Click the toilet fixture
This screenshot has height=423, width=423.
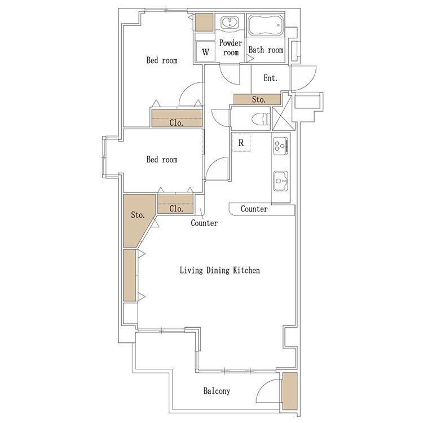261,118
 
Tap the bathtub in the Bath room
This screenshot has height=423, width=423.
266,25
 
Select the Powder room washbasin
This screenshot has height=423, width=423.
230,23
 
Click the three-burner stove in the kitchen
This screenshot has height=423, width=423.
280,146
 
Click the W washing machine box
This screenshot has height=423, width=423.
205,51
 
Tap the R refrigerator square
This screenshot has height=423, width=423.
241,143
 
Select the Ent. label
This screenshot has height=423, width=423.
270,78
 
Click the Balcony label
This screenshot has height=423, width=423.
217,391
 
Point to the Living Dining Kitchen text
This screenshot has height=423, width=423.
220,270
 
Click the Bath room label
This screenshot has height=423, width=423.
266,50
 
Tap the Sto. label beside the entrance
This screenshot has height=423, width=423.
259,99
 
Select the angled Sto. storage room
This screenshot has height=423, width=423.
138,218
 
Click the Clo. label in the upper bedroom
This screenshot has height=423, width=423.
177,123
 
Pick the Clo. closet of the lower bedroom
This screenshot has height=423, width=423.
175,204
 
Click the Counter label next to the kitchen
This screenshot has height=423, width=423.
254,209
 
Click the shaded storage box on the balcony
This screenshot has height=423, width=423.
289,391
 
